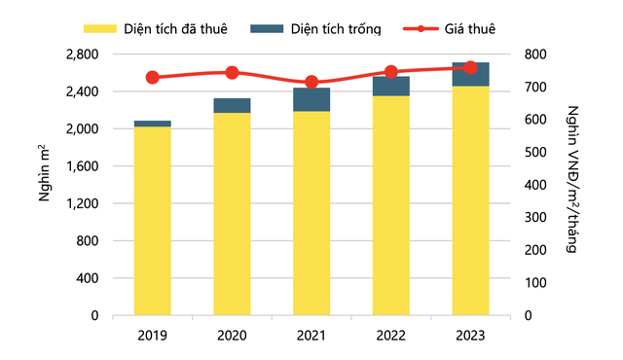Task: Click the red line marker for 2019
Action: [153, 78]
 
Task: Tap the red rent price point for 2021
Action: [311, 82]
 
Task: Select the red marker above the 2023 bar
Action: [470, 68]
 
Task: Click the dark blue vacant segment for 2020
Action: [232, 106]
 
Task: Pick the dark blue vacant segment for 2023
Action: [470, 74]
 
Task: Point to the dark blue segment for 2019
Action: [153, 124]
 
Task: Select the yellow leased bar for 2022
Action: [391, 205]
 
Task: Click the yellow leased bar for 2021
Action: [311, 213]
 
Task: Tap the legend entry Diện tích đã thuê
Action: [156, 29]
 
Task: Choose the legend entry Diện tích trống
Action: [315, 29]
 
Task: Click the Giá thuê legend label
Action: [469, 29]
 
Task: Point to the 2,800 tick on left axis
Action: [82, 54]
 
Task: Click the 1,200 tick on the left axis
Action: [82, 203]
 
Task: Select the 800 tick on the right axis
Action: [535, 54]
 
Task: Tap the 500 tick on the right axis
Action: [535, 152]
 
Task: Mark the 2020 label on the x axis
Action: [232, 336]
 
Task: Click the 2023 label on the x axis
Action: [470, 336]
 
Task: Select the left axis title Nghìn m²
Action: [45, 173]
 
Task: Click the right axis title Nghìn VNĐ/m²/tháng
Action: [572, 179]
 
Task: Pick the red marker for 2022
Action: [391, 72]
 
